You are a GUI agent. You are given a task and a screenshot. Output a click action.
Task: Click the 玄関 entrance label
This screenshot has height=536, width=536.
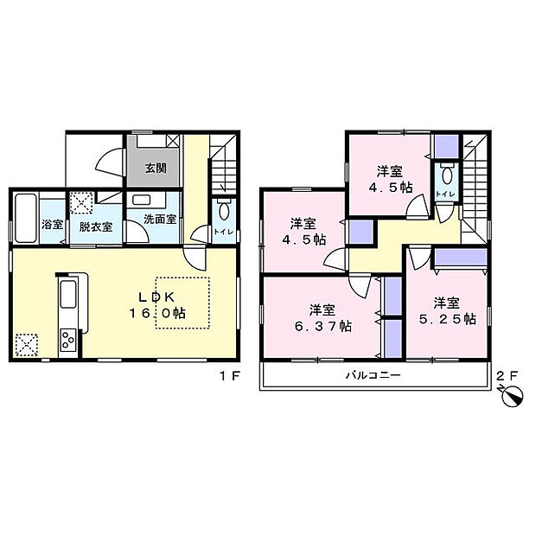[156, 168]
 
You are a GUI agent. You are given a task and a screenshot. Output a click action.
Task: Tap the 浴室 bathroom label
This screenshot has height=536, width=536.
[52, 225]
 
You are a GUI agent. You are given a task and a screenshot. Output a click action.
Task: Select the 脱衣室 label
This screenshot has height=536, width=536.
[95, 227]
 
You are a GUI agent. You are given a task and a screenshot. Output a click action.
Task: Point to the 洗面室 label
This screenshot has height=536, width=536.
[161, 220]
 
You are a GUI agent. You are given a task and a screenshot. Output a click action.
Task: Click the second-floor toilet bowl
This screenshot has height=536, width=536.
[447, 171]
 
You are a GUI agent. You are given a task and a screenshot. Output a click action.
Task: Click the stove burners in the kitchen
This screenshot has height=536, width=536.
[67, 341]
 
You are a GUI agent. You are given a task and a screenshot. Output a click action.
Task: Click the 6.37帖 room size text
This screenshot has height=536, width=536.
[329, 326]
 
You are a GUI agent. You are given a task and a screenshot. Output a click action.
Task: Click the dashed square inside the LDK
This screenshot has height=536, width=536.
[182, 302]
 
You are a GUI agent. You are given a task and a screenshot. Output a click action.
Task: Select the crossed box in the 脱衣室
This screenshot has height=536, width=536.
[82, 202]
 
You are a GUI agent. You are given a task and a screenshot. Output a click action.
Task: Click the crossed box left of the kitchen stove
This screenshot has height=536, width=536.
[28, 345]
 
